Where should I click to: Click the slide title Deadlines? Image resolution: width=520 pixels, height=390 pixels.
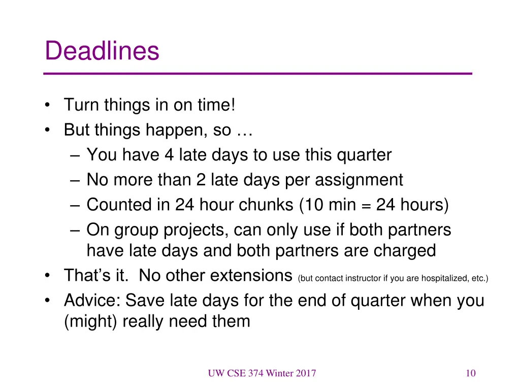click(102, 51)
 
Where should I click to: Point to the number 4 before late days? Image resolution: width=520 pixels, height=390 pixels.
click(169, 155)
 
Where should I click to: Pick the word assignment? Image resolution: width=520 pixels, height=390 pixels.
click(360, 180)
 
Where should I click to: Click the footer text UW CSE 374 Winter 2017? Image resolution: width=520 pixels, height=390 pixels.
click(262, 374)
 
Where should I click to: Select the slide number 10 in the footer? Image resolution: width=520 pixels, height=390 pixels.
click(470, 374)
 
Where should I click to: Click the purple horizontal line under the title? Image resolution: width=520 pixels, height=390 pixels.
click(258, 74)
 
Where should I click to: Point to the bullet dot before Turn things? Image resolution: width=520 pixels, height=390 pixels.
click(47, 106)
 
